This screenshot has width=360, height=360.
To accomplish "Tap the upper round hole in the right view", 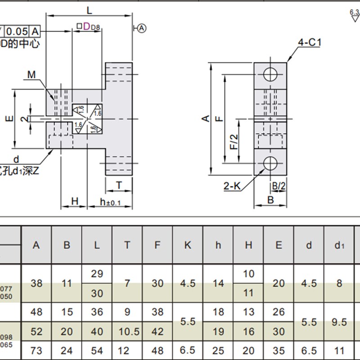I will pyautogui.click(x=270, y=74).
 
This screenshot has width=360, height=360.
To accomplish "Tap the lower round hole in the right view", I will pyautogui.click(x=270, y=163).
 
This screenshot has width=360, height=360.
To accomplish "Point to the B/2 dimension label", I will pyautogui.click(x=278, y=185).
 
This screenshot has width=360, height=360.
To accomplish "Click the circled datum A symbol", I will pyautogui.click(x=142, y=28).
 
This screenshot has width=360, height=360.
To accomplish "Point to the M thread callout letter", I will pyautogui.click(x=31, y=74).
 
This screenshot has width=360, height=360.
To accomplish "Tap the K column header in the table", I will pyautogui.click(x=188, y=245).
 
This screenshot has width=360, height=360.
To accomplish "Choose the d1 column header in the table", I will pyautogui.click(x=339, y=245).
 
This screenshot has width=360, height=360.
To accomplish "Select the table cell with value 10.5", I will pyautogui.click(x=127, y=331).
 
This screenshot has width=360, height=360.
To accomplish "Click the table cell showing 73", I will pyautogui.click(x=36, y=350).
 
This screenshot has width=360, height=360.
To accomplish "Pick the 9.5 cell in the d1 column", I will pyautogui.click(x=339, y=322).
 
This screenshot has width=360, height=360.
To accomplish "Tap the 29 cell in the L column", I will pyautogui.click(x=97, y=274).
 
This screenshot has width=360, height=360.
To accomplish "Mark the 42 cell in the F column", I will pyautogui.click(x=157, y=331).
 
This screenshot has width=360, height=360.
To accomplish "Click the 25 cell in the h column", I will pyautogui.click(x=218, y=350).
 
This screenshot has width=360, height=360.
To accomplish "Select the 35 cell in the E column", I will pyautogui.click(x=279, y=350).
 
